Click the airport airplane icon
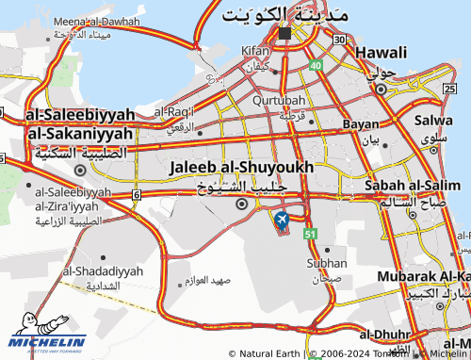(x=281, y=221)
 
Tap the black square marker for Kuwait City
(x=284, y=33)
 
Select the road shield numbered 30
(x=338, y=40)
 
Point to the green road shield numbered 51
(x=309, y=233)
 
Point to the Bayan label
(x=361, y=123)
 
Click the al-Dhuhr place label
(x=382, y=334)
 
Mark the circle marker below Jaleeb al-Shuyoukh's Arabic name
(x=241, y=204)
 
